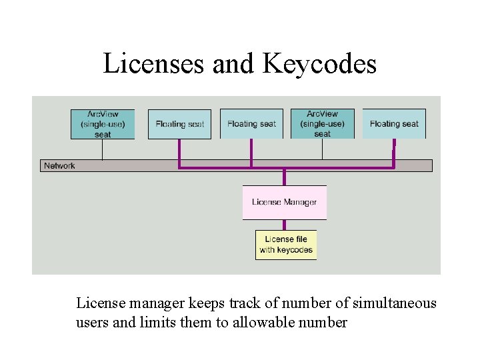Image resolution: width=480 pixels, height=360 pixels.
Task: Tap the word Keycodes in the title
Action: click(x=320, y=64)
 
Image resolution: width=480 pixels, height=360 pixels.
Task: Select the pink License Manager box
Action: click(x=285, y=202)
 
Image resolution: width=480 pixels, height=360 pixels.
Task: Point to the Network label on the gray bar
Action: click(x=59, y=165)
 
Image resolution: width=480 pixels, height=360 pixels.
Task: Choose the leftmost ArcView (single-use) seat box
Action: click(x=103, y=124)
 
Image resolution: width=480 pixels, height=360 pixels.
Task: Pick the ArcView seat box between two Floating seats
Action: click(x=323, y=124)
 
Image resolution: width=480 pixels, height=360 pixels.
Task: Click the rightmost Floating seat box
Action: click(x=394, y=124)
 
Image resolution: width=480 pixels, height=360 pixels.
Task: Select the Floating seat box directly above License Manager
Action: click(x=251, y=124)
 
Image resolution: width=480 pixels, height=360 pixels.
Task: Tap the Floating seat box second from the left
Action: click(x=179, y=124)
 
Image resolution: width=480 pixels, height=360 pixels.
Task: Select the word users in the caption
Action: click(x=91, y=323)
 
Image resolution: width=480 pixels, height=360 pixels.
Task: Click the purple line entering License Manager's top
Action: click(x=285, y=177)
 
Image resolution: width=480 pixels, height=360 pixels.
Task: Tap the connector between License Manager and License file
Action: click(x=285, y=225)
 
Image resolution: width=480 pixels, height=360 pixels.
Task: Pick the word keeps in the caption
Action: click(x=205, y=303)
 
